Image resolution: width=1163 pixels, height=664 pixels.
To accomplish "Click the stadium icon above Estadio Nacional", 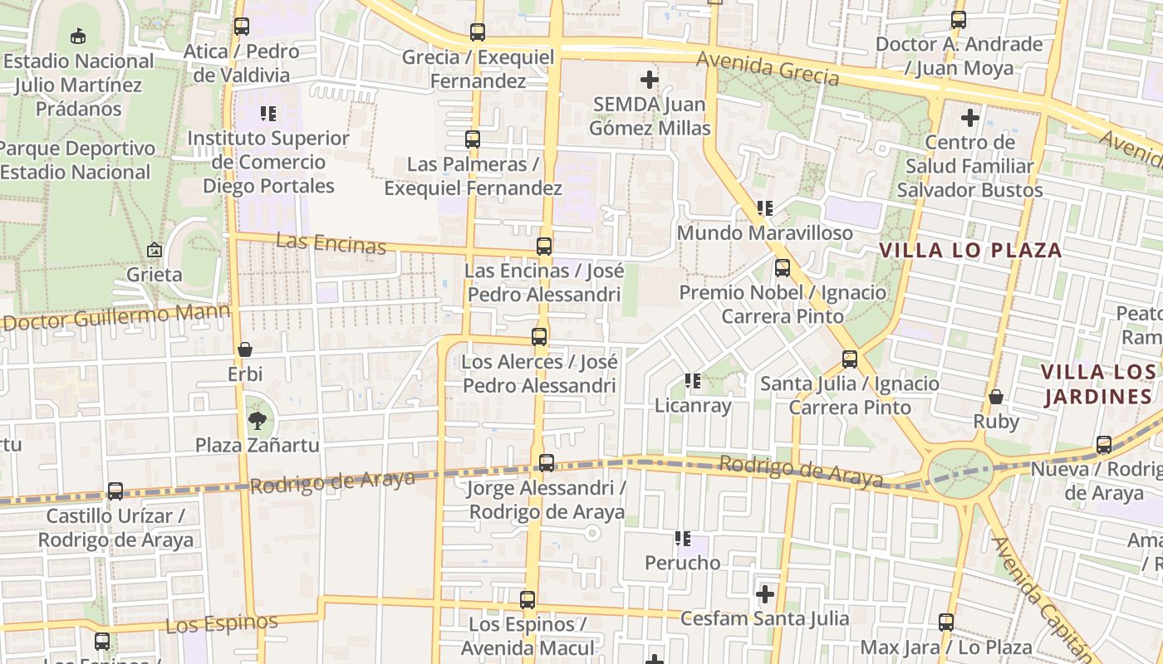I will tap(78, 36).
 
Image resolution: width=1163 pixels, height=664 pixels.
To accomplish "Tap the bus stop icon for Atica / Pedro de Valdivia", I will tap(242, 27).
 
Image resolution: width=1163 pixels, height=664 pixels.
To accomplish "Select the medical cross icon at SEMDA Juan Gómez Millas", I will tap(650, 80).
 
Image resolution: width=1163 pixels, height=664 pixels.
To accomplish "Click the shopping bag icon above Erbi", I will tap(245, 350).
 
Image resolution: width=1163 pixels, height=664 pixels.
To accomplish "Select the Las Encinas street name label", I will tap(331, 243).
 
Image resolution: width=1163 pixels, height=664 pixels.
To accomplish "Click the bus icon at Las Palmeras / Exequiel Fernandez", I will tap(473, 139).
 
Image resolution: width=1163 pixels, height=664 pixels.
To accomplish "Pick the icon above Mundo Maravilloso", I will tap(765, 208).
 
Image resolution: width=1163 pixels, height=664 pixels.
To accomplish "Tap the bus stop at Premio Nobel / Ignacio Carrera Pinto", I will tap(783, 268).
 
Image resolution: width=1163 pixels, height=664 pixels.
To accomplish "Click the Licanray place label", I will tap(693, 406).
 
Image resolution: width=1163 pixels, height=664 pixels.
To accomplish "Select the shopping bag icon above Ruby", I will tap(995, 397).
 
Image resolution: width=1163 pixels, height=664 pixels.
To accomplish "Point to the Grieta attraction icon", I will tap(155, 250).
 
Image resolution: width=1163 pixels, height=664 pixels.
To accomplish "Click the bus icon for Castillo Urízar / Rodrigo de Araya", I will tap(115, 491).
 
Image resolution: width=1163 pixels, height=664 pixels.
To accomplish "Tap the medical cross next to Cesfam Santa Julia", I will tap(765, 594).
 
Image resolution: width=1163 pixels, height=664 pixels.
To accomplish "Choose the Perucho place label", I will tap(683, 563).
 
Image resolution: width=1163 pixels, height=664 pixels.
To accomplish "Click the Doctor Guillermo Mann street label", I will tap(116, 317).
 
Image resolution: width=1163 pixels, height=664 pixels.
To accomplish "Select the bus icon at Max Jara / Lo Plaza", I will tap(946, 622).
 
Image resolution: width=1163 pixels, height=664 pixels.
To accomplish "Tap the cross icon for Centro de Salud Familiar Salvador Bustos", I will tap(969, 118).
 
